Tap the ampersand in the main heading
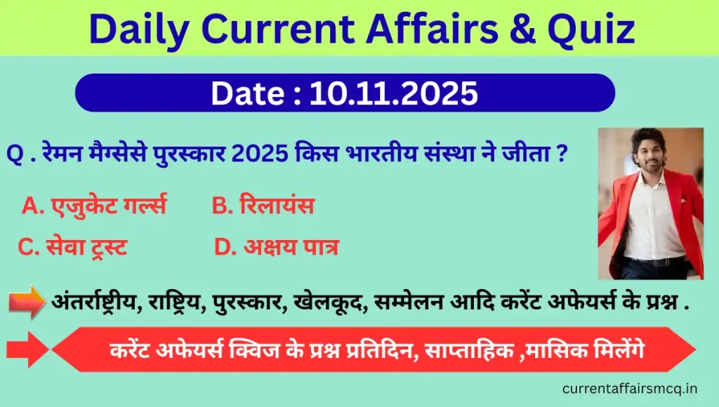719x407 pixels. coord(516,29)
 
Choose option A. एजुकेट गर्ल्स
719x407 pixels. coord(94,206)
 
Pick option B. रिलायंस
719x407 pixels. coord(263,206)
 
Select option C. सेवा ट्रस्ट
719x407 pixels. coord(72,247)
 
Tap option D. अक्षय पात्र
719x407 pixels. coord(276,247)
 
